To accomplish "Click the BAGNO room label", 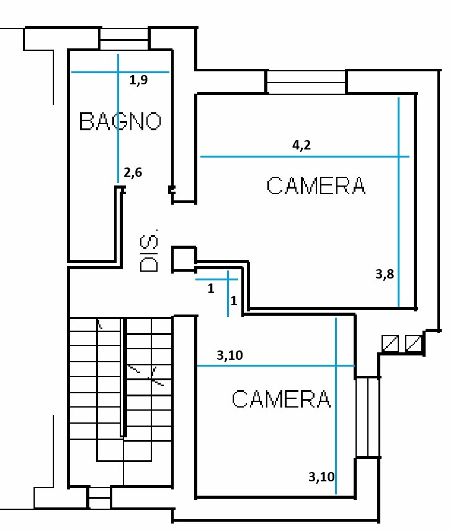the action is [x=120, y=121].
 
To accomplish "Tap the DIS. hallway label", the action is [x=149, y=251].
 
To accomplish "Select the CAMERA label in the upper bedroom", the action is [x=316, y=185].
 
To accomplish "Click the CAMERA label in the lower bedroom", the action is [x=281, y=399].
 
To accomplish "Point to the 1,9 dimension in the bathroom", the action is [x=138, y=80].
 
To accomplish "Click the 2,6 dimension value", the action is [x=133, y=172].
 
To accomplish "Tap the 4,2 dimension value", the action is [x=301, y=145].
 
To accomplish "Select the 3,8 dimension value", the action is [x=385, y=274].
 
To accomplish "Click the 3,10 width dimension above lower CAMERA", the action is [x=230, y=355].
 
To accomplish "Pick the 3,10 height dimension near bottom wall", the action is [x=321, y=477].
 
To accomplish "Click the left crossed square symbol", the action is [x=390, y=344].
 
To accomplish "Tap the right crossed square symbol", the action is [x=413, y=344].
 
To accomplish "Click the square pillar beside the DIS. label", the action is [x=184, y=259].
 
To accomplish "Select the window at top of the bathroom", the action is [x=124, y=39].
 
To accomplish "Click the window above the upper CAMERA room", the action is [x=306, y=82].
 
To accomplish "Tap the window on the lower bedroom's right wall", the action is [x=367, y=417].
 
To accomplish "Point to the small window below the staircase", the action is [x=99, y=498].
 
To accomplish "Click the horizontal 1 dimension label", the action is [x=211, y=288].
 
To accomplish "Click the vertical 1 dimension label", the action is [x=234, y=301].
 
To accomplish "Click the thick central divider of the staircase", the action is [x=123, y=377].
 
